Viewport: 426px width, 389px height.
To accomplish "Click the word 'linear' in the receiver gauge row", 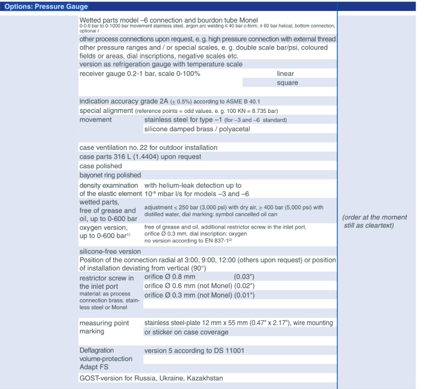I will pos(287,73).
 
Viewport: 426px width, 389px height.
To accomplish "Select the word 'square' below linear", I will pos(288,83).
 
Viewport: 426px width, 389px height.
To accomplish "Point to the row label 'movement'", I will pos(96,120).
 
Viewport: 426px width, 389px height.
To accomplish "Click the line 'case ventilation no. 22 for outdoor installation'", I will pos(148,148).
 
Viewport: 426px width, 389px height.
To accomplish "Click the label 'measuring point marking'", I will pos(105,327).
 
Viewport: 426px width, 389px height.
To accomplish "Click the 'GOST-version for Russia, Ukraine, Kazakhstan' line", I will pos(152,378).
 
